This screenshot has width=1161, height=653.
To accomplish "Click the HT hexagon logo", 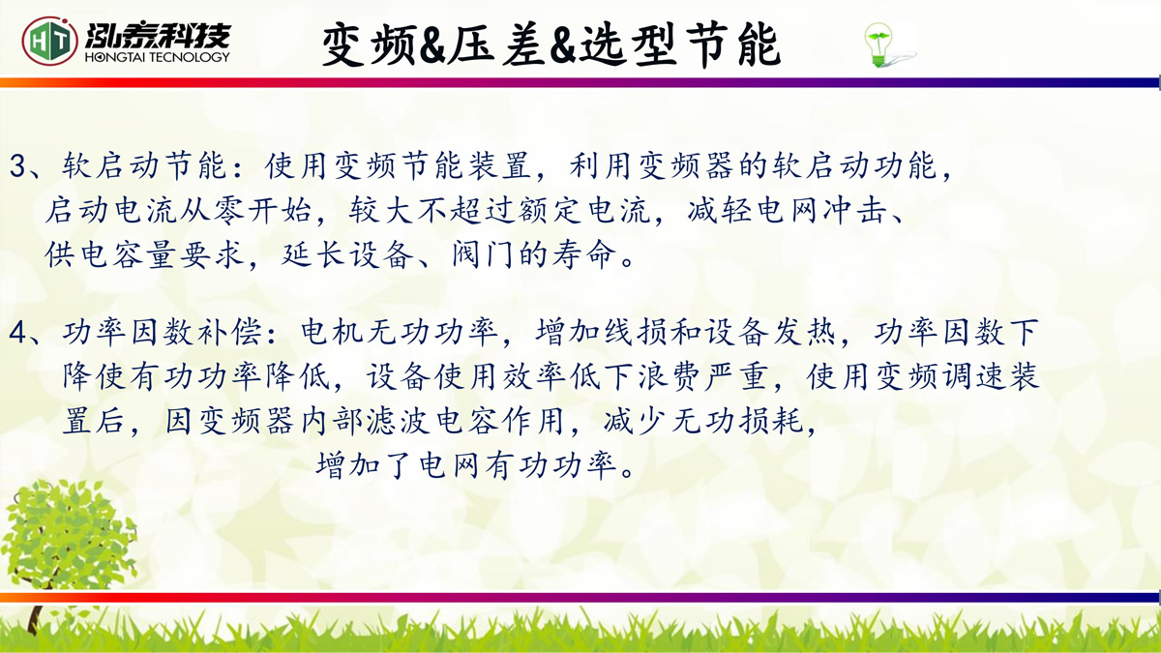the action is pos(49,41).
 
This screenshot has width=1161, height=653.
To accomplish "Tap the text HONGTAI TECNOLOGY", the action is pos(157,57).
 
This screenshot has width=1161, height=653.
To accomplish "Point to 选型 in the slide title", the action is pos(629,45).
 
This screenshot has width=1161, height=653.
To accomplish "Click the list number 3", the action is pos(17,166).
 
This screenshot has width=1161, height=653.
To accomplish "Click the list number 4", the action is pos(17,333).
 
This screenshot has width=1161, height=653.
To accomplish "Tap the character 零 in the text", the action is pos(228,211).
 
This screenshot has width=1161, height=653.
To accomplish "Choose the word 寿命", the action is pos(584,255).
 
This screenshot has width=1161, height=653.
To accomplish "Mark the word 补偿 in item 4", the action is pos(229,332).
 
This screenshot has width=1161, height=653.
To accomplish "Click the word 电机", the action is pos(332,332).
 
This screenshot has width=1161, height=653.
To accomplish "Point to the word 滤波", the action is pos(398,421).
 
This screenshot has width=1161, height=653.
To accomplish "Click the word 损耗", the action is pos(771,421).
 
